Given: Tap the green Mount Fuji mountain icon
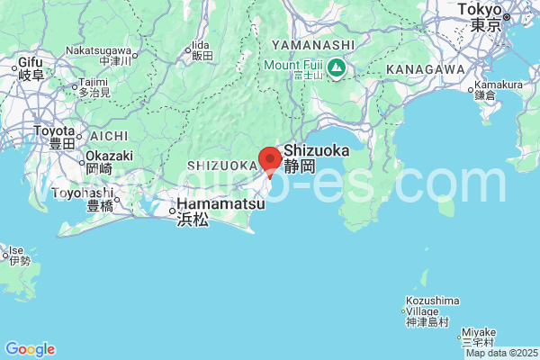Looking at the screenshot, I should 336,67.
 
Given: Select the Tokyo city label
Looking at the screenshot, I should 478,16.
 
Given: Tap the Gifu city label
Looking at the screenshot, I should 31,67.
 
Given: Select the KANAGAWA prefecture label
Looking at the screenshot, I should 425,69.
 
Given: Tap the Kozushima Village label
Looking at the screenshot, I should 427,310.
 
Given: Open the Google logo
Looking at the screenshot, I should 30,349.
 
